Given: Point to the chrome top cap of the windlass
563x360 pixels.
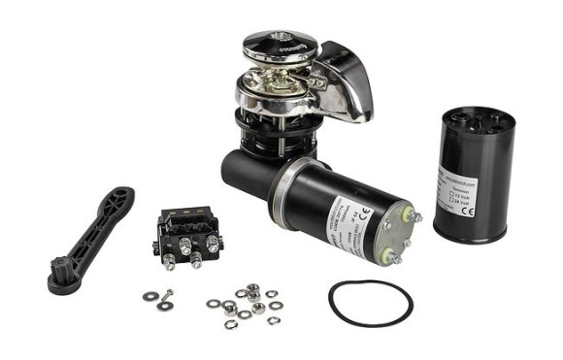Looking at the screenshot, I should pyautogui.click(x=280, y=43).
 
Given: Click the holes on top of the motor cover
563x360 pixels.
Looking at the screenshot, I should pyautogui.click(x=478, y=118).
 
